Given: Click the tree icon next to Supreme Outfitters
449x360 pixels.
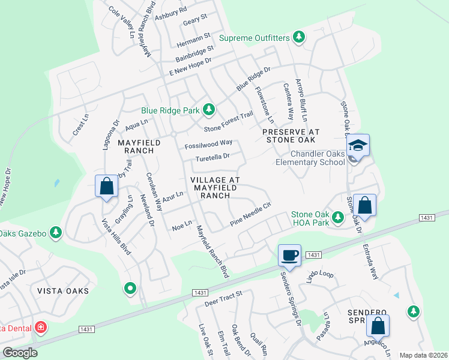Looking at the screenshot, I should [x=299, y=38].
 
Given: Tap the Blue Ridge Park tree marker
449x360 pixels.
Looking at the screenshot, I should [x=208, y=110].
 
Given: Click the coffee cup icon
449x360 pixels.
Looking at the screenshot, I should [x=289, y=254].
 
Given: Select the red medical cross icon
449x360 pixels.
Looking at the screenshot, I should [x=40, y=328].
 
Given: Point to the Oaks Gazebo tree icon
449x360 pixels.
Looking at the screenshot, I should [x=56, y=232].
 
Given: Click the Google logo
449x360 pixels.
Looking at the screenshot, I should [x=19, y=353].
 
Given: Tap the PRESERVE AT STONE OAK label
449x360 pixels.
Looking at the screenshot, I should [x=291, y=136].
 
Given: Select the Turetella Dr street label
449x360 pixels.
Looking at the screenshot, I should [x=213, y=157].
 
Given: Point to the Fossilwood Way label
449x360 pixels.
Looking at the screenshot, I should [x=208, y=143].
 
